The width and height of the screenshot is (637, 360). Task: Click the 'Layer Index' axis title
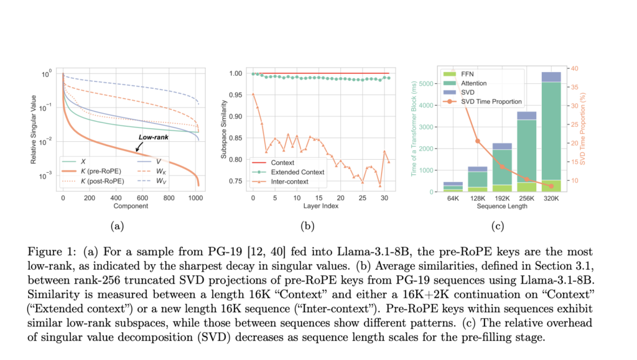point(321,206)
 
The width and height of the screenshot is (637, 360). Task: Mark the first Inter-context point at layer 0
point(253,95)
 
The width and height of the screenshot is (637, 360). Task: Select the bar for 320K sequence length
point(533,131)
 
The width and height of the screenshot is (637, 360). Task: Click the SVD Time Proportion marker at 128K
point(477,141)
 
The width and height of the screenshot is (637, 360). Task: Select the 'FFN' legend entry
point(468,73)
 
